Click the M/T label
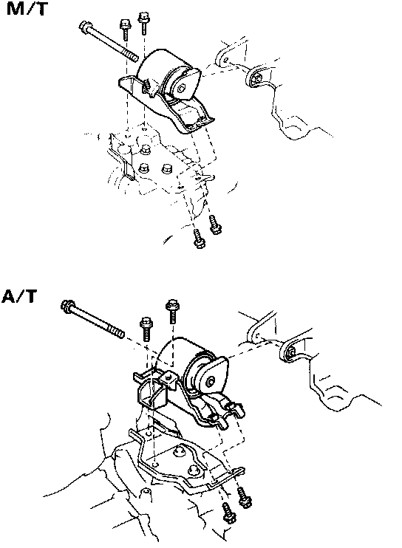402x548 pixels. [27, 8]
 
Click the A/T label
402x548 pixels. [19, 297]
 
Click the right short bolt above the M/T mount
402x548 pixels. [143, 23]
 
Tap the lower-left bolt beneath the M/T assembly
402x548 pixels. [200, 239]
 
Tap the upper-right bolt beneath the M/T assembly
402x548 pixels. [214, 225]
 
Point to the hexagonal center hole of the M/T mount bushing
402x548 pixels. [181, 88]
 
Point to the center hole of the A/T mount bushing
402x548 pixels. [210, 381]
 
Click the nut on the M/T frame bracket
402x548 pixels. [257, 78]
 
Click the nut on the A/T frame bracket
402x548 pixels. [291, 352]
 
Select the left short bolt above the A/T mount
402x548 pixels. [146, 329]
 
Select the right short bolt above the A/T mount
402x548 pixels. [172, 310]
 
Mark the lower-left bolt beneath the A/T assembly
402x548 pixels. [229, 513]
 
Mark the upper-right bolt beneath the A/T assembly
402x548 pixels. [245, 498]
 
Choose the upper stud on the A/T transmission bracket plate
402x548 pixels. [180, 451]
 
